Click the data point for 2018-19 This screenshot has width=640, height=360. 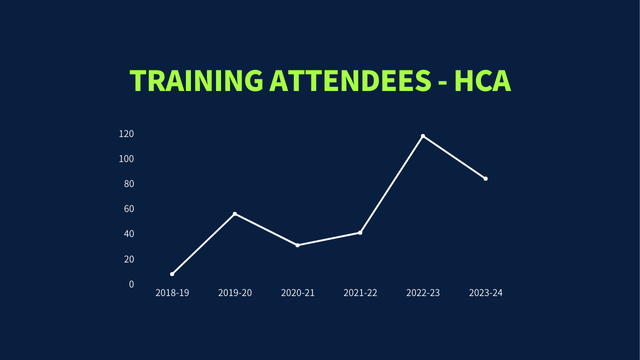coord(172,274)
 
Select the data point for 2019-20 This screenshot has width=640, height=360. coord(235,214)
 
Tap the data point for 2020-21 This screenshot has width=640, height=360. coord(297,245)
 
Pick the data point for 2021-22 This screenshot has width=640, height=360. coord(360,232)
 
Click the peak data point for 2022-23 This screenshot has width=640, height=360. coord(423,136)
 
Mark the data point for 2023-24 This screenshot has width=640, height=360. coord(486,178)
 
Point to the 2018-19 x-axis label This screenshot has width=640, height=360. coord(172,293)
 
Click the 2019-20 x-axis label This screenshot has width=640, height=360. coord(235,293)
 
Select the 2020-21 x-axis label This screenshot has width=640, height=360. coord(297,293)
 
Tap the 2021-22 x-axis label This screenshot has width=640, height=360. coord(360,293)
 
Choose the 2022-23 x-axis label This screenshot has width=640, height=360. coord(423,293)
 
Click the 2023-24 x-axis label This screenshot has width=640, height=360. coord(486,293)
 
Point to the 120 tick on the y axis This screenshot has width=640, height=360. coord(126,134)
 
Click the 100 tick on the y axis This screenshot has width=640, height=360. coord(126,159)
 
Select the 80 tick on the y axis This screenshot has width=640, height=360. coord(128,184)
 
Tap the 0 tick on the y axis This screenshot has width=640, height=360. coord(131,284)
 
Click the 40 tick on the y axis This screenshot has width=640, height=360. coord(128,234)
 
